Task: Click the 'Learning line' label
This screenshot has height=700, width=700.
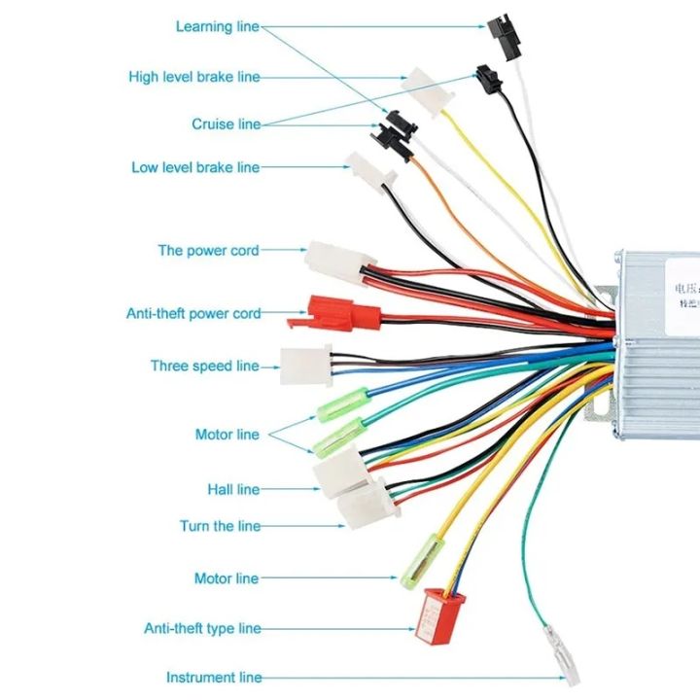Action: (x=217, y=26)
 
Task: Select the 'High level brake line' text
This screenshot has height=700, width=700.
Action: (x=193, y=77)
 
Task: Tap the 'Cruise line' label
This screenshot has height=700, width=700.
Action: (x=226, y=124)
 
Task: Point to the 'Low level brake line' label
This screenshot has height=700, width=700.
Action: (x=195, y=167)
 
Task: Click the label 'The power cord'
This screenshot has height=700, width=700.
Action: (x=208, y=251)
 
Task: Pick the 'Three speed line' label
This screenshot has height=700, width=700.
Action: (x=204, y=367)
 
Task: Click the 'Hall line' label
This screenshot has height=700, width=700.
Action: (x=232, y=490)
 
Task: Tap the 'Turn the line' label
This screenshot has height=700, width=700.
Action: (x=220, y=526)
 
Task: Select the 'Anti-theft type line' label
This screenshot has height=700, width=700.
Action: (x=202, y=629)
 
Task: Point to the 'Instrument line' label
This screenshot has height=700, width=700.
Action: (x=214, y=678)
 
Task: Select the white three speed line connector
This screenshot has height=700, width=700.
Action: (x=304, y=365)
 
